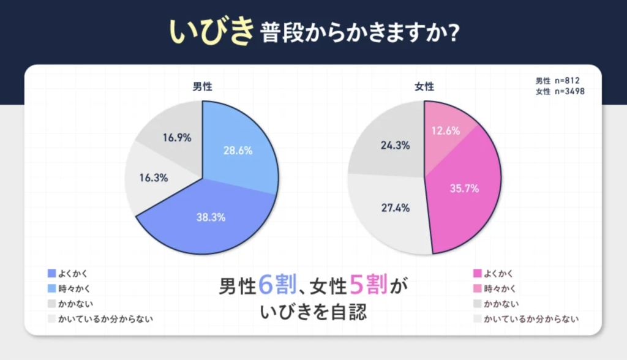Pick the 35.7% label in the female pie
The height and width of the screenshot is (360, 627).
(464, 189)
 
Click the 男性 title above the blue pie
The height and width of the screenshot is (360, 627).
(202, 87)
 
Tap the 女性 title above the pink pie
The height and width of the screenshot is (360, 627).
(424, 87)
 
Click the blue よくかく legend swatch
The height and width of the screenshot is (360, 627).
(51, 273)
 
